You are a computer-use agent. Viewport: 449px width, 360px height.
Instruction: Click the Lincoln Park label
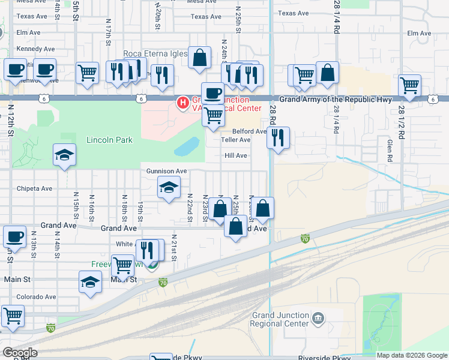[109, 140]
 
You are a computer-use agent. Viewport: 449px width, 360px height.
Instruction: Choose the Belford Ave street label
[249, 131]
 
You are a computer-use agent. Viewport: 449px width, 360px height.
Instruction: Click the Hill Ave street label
[236, 155]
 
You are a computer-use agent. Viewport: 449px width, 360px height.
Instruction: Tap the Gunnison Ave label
[166, 171]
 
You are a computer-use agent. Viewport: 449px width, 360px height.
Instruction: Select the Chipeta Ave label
[34, 188]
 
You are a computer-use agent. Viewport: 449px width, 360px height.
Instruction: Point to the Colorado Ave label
[36, 296]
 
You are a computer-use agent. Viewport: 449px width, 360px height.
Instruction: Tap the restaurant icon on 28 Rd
[277, 137]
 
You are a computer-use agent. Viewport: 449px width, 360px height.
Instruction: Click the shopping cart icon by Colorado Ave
[13, 315]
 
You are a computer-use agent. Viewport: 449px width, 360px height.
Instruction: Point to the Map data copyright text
[411, 355]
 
